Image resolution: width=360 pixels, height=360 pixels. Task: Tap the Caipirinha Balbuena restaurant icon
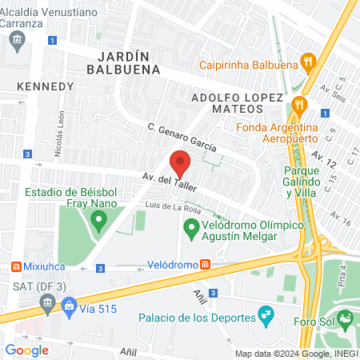click(306, 61)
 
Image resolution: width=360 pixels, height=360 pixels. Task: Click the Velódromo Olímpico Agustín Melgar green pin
click(191, 232)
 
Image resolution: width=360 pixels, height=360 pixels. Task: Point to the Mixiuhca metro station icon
click(14, 266)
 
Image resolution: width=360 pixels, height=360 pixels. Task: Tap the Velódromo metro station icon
click(206, 264)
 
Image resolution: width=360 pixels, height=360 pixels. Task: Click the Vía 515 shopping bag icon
click(70, 305)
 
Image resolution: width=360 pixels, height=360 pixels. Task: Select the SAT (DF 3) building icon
click(47, 303)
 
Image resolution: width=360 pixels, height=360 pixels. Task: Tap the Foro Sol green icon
click(345, 320)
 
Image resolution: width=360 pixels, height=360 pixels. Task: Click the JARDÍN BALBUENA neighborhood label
click(128, 62)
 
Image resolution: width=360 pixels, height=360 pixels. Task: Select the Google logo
click(26, 350)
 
